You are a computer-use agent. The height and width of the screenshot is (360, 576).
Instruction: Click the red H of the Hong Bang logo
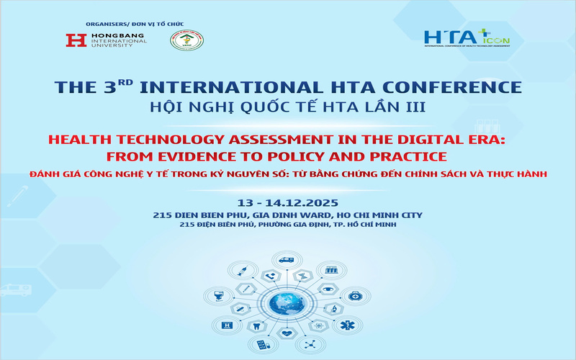tap(76, 41)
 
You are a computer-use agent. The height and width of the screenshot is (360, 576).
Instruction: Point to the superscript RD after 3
tap(126, 81)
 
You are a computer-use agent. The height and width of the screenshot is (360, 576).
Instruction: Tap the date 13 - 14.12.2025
tap(288, 202)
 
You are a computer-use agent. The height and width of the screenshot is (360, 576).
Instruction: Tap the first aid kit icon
tap(355, 295)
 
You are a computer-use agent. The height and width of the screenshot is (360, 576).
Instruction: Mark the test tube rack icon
tap(332, 271)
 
